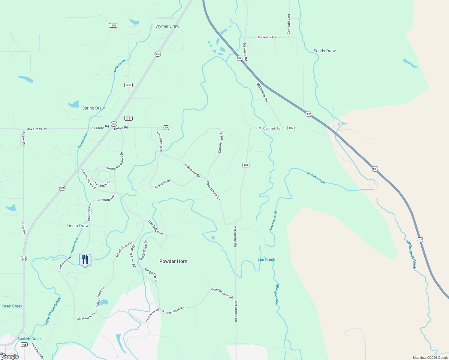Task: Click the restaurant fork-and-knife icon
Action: [85, 260]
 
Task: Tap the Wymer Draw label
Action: [167, 26]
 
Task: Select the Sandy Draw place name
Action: [324, 51]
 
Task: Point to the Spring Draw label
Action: [93, 108]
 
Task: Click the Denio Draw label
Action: [78, 226]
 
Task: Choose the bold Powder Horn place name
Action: [173, 262]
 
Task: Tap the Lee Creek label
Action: [266, 260]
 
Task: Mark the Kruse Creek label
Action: [277, 294]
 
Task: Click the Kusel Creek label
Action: [12, 306]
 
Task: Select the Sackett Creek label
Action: [29, 339]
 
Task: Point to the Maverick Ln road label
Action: [267, 37]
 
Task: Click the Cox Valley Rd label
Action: [289, 24]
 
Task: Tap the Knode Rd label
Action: [121, 128]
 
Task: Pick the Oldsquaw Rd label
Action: [192, 171]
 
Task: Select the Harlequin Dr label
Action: [162, 184]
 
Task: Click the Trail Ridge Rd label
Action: [155, 228]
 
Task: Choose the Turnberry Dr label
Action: [152, 315]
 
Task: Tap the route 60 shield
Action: [166, 128]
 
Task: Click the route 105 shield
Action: [24, 345]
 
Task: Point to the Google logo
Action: [10, 356]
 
